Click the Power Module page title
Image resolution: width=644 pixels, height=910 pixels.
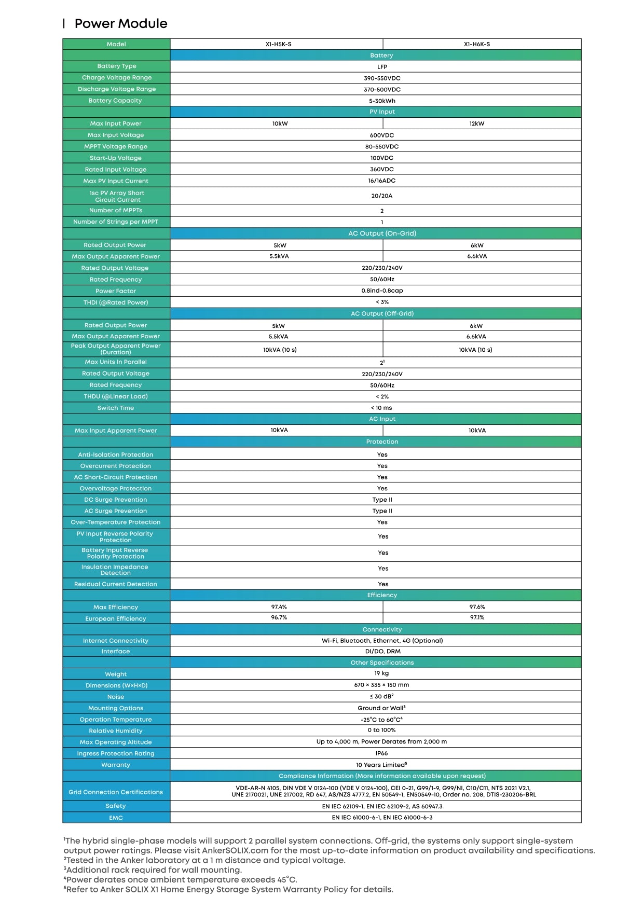120,23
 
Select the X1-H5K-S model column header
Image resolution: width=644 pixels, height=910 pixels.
278,44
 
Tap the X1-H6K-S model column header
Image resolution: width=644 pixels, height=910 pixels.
476,44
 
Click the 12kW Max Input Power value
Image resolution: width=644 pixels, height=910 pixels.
476,123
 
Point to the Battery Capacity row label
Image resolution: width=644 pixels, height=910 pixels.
115,101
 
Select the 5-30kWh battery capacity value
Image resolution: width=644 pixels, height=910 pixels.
382,101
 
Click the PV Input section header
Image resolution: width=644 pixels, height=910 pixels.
382,112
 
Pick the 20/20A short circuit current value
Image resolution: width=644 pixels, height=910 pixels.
382,196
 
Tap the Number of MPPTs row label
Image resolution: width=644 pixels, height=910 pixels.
116,210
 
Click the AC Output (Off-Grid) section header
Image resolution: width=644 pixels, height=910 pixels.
382,313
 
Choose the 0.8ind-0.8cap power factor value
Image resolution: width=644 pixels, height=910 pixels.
382,291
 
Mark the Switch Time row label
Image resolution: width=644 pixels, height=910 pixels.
116,408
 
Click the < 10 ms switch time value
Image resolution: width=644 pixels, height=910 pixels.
381,408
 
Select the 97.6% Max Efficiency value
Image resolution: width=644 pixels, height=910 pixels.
477,606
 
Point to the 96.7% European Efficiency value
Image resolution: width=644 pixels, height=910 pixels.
279,617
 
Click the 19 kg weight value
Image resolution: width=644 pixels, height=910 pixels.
381,673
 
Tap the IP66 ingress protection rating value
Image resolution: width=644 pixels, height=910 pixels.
381,753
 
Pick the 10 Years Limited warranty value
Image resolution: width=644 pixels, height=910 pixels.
381,765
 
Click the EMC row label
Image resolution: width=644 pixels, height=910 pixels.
116,818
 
